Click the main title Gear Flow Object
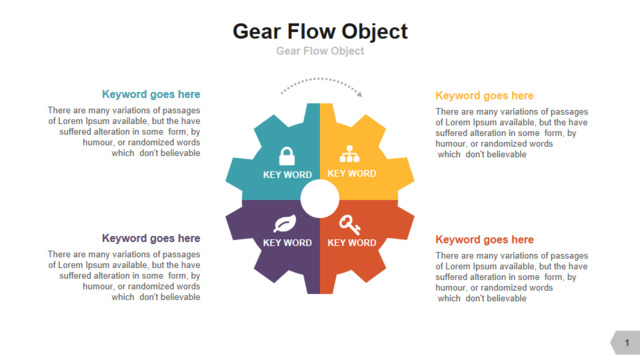(x=320, y=32)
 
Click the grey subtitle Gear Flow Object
(x=320, y=51)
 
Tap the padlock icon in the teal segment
(x=287, y=156)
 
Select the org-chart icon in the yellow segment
(x=350, y=154)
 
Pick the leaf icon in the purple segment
(x=285, y=224)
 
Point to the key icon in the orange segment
(x=350, y=224)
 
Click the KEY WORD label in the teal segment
(x=287, y=175)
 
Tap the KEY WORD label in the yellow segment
(x=352, y=173)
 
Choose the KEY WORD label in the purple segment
(x=287, y=243)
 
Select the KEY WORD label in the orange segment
(x=352, y=243)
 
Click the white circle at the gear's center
(x=320, y=199)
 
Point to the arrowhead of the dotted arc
(x=359, y=94)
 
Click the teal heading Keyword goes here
(x=151, y=94)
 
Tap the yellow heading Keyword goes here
(x=484, y=96)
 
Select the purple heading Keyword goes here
(x=151, y=238)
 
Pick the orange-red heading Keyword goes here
(x=484, y=240)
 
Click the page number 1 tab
(x=626, y=343)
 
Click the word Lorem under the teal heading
(x=71, y=121)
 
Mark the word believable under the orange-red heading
(x=508, y=299)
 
